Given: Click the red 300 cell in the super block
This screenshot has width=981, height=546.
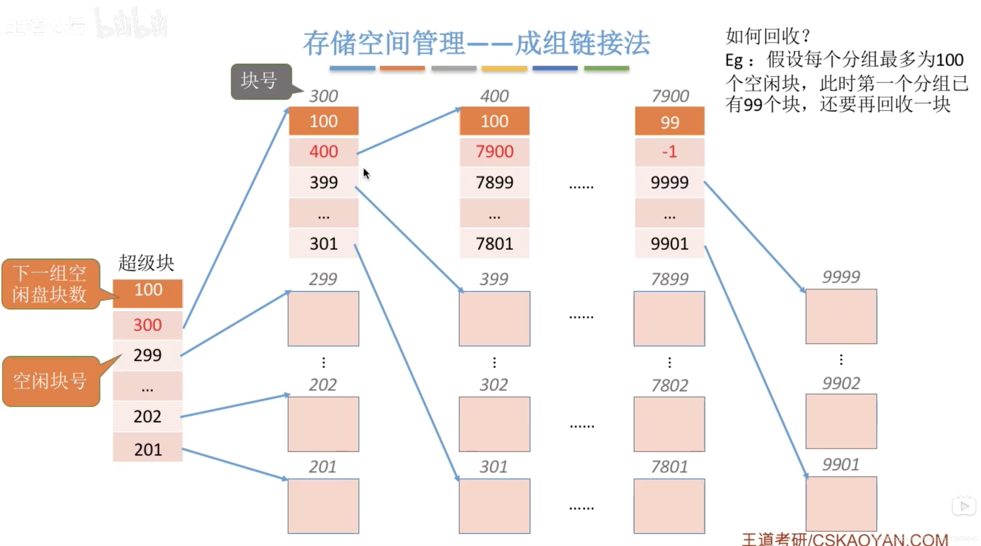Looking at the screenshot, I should pos(148,325).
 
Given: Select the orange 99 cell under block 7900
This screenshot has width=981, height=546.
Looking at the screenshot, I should pos(669,122).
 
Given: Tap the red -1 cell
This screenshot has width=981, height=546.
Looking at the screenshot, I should pos(669,152).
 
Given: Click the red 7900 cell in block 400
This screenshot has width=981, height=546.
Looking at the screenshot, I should pos(494,152).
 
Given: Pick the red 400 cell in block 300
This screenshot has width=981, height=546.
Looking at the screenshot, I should pos(324,152).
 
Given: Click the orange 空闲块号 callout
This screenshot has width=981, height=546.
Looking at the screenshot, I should pos(50,381).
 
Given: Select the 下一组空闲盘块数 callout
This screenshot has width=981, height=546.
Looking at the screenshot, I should pos(50,284).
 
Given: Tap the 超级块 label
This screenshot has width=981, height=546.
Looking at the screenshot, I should pos(146,263).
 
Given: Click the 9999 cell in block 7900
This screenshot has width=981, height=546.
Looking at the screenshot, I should pos(669,182).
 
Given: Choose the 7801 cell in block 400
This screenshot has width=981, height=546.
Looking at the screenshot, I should pos(494,244).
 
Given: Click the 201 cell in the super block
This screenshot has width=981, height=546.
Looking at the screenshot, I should pos(148,449).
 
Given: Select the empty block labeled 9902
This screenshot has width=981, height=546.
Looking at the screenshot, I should pos(841,421).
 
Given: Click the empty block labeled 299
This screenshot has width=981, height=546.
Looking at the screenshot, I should pos(323,318).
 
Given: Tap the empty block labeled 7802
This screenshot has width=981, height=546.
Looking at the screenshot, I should pos(669,424).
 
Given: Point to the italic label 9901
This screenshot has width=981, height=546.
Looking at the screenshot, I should pos(840,464).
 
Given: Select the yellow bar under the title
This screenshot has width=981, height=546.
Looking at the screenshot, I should pos(504,69).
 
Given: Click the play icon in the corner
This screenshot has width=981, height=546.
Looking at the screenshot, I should pos(964,506).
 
